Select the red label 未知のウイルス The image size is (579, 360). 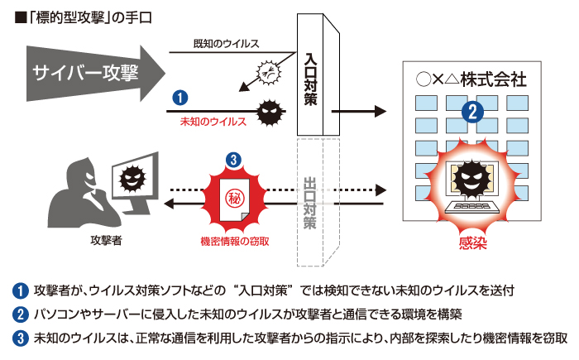click(213, 121)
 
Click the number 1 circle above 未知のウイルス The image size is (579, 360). click(180, 98)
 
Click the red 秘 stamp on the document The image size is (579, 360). click(234, 199)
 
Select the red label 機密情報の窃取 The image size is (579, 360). click(235, 241)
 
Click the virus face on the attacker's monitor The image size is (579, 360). click(132, 176)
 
